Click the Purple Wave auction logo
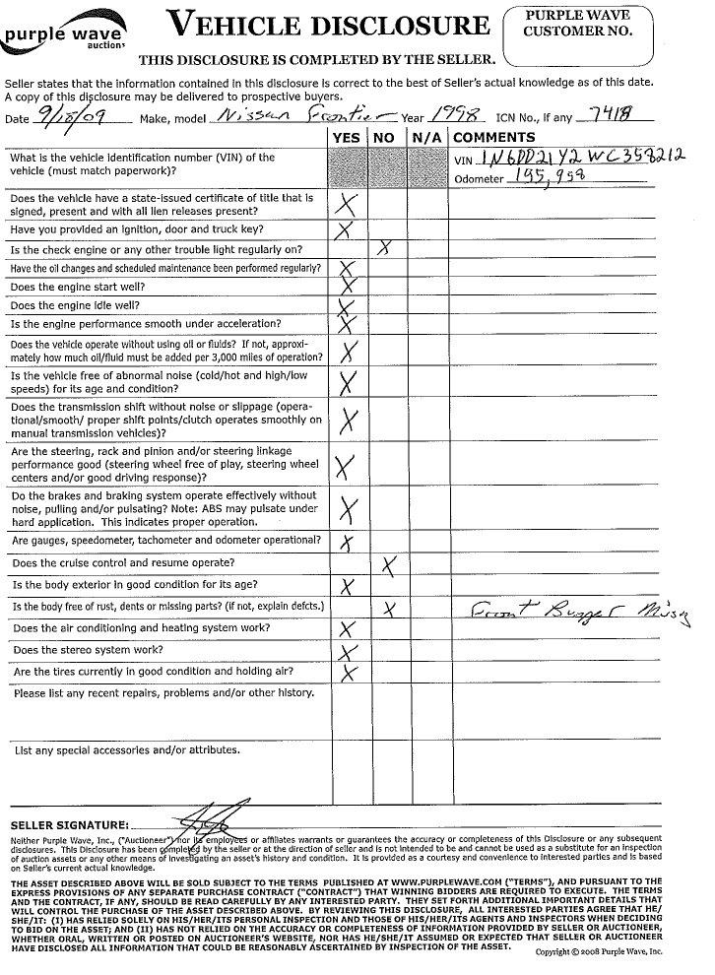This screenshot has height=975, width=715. pos(65,34)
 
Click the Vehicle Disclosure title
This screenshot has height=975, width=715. pos(327,25)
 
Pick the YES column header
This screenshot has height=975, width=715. pos(347,138)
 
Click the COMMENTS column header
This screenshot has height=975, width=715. pos(493,138)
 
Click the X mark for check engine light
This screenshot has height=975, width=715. pos(387,249)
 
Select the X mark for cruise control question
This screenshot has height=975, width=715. pos(389,564)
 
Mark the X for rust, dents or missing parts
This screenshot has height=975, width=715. pos(390,610)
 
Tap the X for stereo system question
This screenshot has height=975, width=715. pos(347,653)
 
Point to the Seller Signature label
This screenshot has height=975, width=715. pos(69,824)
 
